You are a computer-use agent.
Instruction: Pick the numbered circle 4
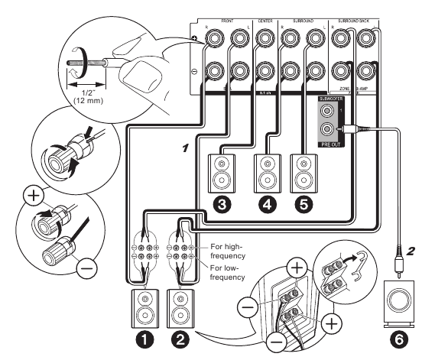(x=267, y=205)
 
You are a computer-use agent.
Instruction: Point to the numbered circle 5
(x=305, y=205)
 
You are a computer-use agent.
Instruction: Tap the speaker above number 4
(x=267, y=173)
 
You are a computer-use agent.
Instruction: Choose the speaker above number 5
(x=304, y=173)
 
